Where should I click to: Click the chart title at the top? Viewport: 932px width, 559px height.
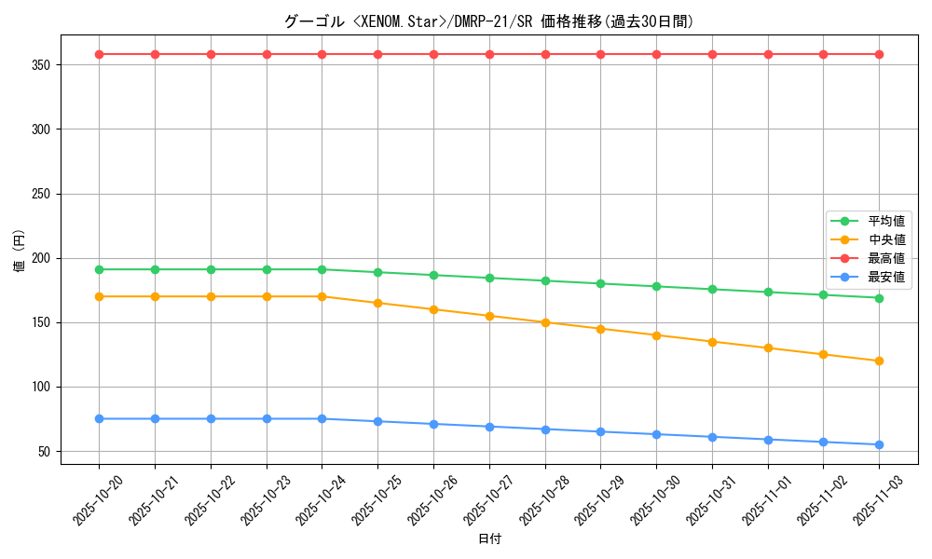click(x=488, y=21)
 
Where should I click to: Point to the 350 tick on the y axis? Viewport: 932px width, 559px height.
click(x=43, y=65)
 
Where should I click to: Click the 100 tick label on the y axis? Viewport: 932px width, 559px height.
click(x=43, y=387)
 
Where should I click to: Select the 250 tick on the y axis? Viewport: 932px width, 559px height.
click(x=43, y=194)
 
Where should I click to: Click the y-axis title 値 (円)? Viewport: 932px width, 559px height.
click(x=19, y=252)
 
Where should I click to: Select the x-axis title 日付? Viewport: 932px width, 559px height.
click(x=489, y=539)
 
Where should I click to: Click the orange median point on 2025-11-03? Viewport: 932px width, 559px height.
click(x=879, y=361)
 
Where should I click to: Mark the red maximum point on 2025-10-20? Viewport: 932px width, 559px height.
click(x=99, y=54)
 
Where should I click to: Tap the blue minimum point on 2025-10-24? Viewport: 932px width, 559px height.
click(x=322, y=418)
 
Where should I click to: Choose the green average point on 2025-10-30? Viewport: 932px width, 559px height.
click(x=656, y=286)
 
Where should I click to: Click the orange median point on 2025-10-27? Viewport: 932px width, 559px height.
click(x=489, y=316)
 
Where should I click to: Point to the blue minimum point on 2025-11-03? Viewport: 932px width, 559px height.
click(x=879, y=444)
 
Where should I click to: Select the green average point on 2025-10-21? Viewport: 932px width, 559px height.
click(x=155, y=269)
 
